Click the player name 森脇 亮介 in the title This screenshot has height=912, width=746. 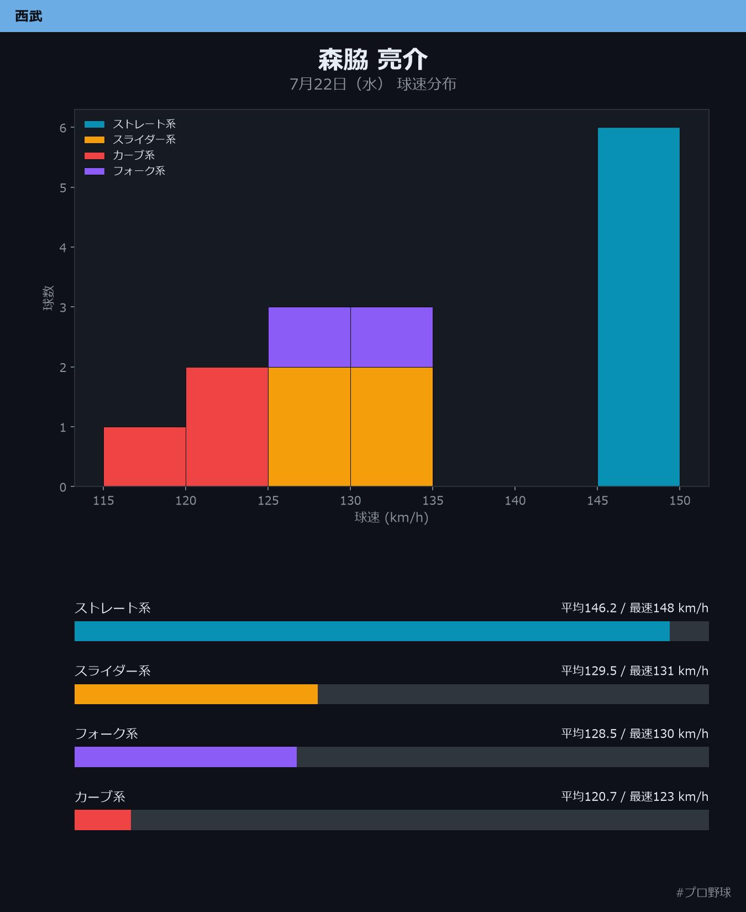[x=373, y=60]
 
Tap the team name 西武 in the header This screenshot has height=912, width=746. [x=29, y=16]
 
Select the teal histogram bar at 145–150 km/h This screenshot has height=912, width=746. [x=639, y=307]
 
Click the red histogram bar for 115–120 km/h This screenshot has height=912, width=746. [x=145, y=457]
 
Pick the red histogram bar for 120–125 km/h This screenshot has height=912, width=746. [x=227, y=427]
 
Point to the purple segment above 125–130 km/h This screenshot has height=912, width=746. [x=309, y=337]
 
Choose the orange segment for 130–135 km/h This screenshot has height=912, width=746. [x=392, y=427]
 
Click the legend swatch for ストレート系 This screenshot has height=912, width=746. [x=94, y=124]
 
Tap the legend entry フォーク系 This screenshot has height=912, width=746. [x=139, y=171]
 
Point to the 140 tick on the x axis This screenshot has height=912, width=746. [x=515, y=500]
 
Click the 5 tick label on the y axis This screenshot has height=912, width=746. [x=63, y=188]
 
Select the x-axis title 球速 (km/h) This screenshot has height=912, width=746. [x=392, y=518]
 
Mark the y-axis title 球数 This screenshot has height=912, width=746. [x=49, y=298]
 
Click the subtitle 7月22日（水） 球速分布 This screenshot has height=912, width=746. [x=373, y=84]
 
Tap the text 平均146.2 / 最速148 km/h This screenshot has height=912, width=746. [x=635, y=608]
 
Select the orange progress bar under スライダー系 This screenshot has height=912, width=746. [x=196, y=694]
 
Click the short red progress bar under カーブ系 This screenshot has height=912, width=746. [x=103, y=820]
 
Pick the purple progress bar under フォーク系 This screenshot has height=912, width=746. [x=186, y=757]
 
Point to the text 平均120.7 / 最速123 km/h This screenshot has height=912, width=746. [x=635, y=796]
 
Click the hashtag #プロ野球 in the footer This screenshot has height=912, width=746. [x=703, y=892]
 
